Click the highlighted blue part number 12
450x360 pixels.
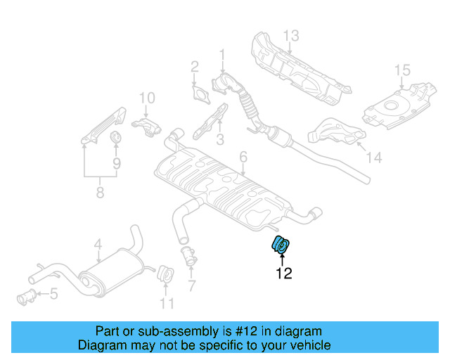(x=281, y=245)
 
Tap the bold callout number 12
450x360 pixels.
(x=283, y=274)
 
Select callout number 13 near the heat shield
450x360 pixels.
(x=291, y=35)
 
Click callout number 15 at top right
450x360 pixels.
(x=401, y=70)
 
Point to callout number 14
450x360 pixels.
(x=374, y=158)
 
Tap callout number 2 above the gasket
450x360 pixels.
(x=194, y=67)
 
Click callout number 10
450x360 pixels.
(x=146, y=98)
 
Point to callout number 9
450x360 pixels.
(x=117, y=162)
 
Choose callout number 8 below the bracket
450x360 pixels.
(x=100, y=191)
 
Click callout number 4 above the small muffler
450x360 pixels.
(x=98, y=245)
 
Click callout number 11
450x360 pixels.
(x=166, y=304)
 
